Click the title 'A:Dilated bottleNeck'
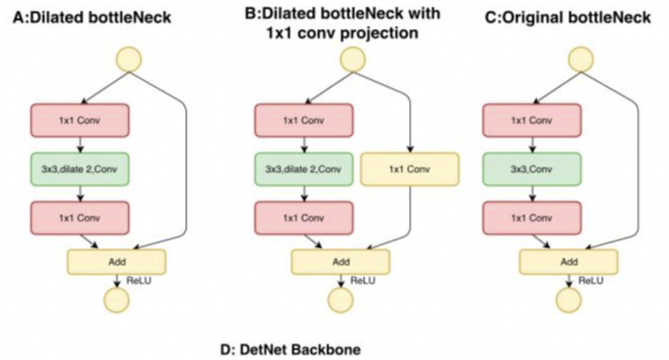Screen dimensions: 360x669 tap(91, 16)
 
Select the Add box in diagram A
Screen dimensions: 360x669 tap(116, 261)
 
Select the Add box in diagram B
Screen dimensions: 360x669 tap(341, 261)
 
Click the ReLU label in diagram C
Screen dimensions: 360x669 tap(590, 280)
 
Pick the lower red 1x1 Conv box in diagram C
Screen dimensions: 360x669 tap(532, 218)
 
